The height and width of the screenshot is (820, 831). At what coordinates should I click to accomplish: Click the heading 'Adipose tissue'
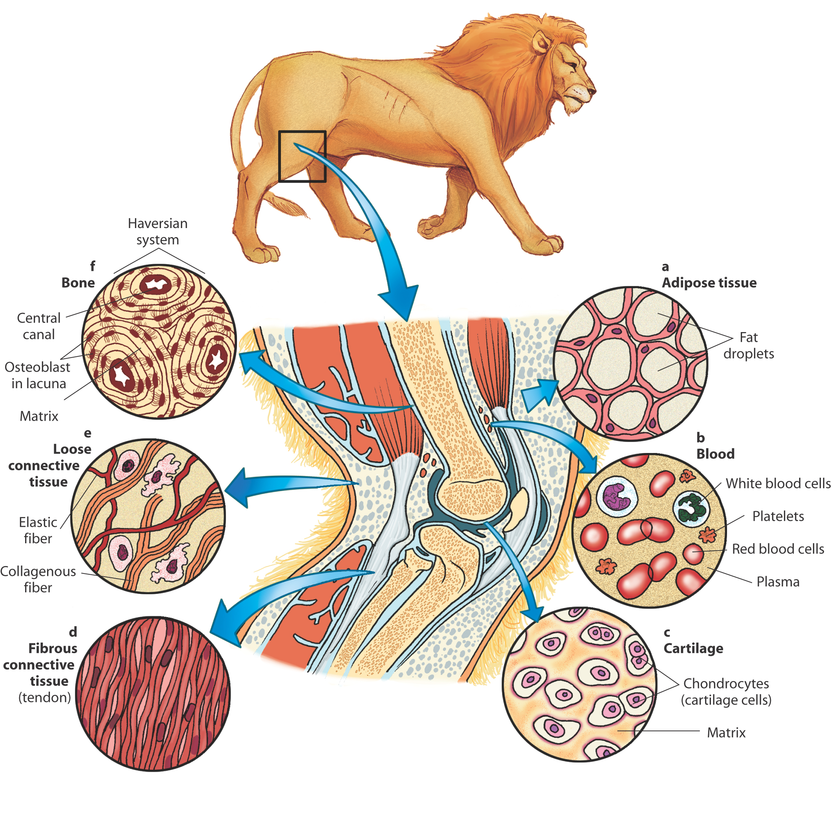709,283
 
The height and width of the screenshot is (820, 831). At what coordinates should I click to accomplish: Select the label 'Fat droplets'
749,345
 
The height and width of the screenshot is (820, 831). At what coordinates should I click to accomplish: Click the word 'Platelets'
778,516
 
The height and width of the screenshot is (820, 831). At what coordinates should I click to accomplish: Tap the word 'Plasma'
778,582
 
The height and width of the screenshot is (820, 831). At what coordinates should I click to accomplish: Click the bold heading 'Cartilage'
693,648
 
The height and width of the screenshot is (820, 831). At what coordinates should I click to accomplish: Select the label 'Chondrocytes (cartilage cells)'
726,691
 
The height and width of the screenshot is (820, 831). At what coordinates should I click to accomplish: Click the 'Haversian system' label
158,232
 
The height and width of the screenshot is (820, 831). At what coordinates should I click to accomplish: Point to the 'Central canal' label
39,326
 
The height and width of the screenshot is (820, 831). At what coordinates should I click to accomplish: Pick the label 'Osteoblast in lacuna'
37,375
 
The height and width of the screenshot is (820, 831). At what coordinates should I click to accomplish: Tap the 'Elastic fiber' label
38,530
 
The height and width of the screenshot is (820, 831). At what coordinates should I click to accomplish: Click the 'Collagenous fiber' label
38,579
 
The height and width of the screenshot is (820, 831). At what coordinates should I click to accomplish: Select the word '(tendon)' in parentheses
45,697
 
